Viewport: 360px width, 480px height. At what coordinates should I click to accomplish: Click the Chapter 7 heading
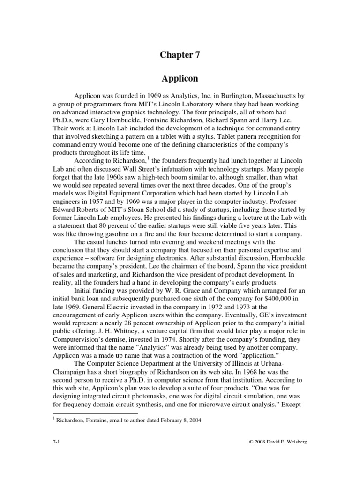[180, 55]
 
